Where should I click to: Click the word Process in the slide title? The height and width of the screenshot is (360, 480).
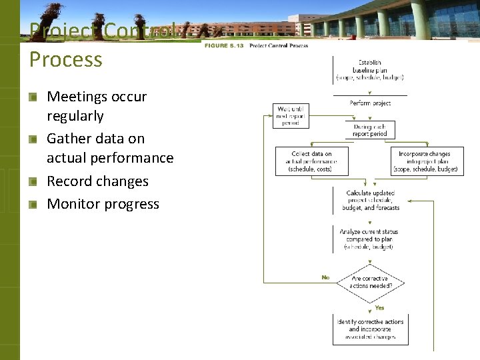pos(65,59)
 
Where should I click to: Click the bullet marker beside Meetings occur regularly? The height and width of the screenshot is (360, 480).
pos(33,97)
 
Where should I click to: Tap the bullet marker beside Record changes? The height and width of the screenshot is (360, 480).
pos(33,182)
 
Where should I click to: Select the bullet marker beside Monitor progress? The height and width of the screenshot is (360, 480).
pos(33,205)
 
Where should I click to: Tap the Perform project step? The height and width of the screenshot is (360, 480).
pos(370,103)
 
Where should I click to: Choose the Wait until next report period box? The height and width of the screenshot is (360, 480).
pos(291,115)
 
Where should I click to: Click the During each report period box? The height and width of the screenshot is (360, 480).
pos(370,129)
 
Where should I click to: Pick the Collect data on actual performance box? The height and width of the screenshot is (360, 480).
pos(311,161)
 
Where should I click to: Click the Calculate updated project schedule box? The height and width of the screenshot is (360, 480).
pos(370,200)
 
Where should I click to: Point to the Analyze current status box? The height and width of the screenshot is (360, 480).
pos(370,239)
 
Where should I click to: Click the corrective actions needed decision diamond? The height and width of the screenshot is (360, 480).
pos(370,282)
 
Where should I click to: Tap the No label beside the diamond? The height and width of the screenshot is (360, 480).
pos(325,277)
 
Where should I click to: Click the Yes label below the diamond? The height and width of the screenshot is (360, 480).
pos(379,308)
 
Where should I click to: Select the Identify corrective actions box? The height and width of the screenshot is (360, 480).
pos(370,329)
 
